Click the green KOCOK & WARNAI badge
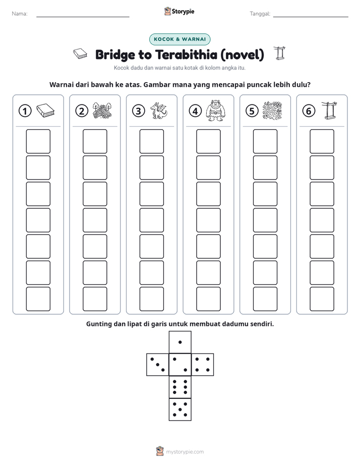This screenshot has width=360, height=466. click(179, 39)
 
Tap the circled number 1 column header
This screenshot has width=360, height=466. click(25, 111)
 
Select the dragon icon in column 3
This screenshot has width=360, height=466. click(159, 110)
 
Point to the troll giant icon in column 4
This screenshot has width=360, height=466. click(215, 110)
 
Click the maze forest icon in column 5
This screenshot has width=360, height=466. click(272, 110)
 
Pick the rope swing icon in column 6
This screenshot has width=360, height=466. click(329, 110)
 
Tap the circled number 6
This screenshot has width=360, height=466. click(309, 111)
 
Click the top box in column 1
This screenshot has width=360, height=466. click(38, 141)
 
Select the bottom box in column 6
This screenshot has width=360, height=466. click(322, 299)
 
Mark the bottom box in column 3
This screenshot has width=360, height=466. click(151, 299)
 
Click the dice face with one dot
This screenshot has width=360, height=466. click(180, 342)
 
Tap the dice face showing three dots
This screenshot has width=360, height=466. click(157, 364)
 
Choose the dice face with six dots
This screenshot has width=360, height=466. click(180, 387)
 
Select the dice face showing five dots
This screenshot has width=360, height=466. click(180, 409)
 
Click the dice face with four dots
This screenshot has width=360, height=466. click(203, 364)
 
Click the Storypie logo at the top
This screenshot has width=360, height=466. click(179, 12)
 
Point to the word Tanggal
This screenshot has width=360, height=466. click(260, 14)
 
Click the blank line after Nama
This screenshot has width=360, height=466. click(83, 17)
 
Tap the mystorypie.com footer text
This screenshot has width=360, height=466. click(185, 452)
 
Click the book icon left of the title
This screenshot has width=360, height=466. click(80, 54)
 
